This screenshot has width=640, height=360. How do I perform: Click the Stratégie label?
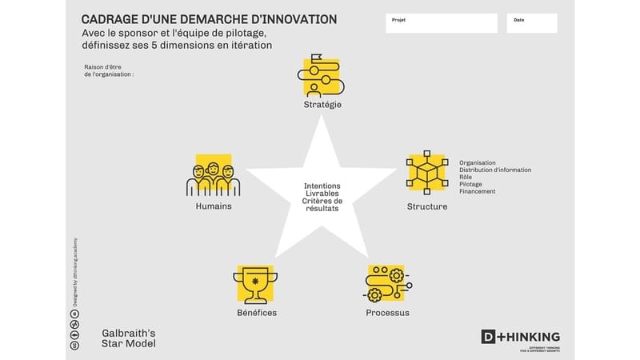tap(323, 104)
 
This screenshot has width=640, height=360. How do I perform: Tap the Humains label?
tap(214, 206)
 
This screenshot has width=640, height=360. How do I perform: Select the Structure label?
tap(427, 206)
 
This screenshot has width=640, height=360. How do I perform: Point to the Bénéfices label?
tap(257, 312)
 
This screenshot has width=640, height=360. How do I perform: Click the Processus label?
tap(387, 312)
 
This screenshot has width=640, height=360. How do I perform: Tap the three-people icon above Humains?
tap(214, 176)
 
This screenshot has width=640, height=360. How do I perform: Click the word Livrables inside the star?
tap(322, 194)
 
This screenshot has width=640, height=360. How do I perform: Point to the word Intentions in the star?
tap(322, 186)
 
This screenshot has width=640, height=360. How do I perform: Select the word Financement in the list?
tap(478, 191)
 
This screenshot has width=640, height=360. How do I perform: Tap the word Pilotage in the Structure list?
tap(471, 184)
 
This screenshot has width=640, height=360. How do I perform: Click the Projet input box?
tap(441, 22)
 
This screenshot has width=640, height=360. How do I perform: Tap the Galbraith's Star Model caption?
tap(129, 338)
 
